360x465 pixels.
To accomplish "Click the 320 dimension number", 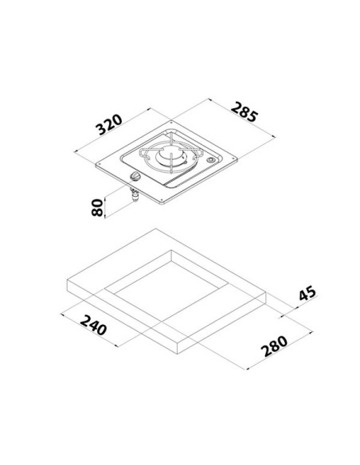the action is pos(109,124).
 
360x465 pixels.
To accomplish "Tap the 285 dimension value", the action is pos(245,111).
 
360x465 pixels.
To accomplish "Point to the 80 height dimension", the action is pos(97,208).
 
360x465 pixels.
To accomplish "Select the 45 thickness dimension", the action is pos(307,293).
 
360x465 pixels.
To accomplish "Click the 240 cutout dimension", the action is pos(93,325).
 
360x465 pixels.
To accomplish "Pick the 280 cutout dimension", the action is pos(274,346).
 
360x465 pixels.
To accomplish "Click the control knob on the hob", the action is pos(135,176).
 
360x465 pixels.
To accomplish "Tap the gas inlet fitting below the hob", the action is pos(135,196).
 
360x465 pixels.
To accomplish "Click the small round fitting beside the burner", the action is pos(211,160).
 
